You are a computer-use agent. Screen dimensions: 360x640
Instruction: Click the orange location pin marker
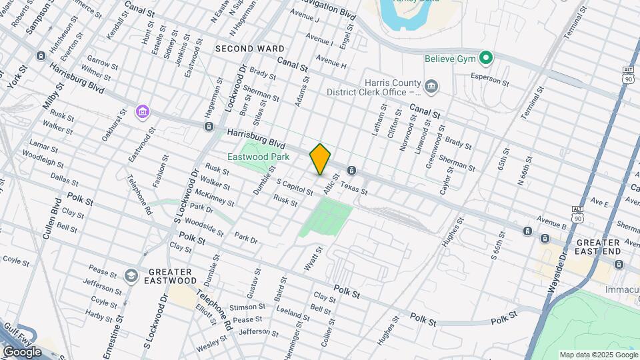(x=320, y=159)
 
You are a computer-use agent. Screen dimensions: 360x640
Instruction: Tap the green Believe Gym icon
(x=486, y=59)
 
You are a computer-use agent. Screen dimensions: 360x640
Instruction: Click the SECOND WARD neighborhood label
(x=249, y=49)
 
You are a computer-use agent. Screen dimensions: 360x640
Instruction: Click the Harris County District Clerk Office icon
(x=431, y=85)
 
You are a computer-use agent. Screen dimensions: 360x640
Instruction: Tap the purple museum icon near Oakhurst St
(x=142, y=111)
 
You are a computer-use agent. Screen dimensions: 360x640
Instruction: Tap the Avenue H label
(x=331, y=65)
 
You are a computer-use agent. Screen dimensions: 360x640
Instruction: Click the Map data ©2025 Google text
(x=599, y=355)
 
